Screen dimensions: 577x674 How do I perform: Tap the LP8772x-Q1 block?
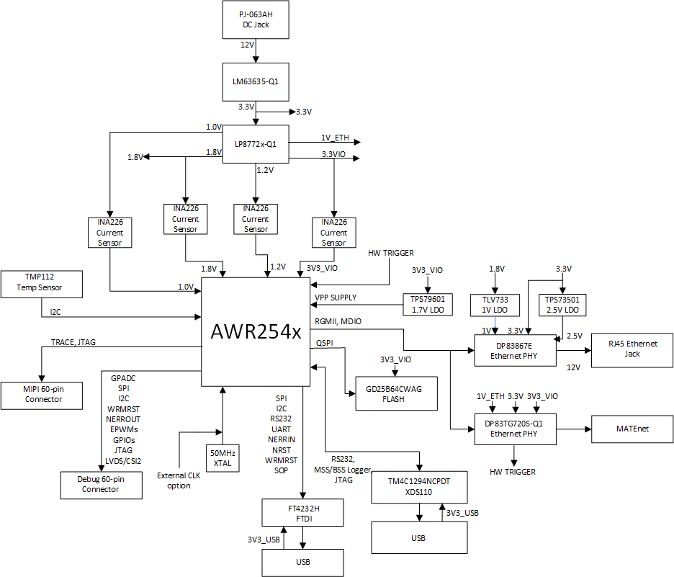tap(255, 144)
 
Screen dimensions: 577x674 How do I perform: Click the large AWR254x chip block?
tap(256, 332)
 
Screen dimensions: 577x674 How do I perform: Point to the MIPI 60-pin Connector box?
tap(43, 393)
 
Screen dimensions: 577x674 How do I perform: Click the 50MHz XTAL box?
tap(222, 457)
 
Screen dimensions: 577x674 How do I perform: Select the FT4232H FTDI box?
tap(302, 512)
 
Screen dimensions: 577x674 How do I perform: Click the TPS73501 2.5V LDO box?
tap(562, 305)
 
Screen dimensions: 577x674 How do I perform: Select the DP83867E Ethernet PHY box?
tap(515, 350)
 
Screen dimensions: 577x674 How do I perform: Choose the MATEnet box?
tap(632, 429)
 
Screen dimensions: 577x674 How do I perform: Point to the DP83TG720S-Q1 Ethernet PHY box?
tap(516, 429)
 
